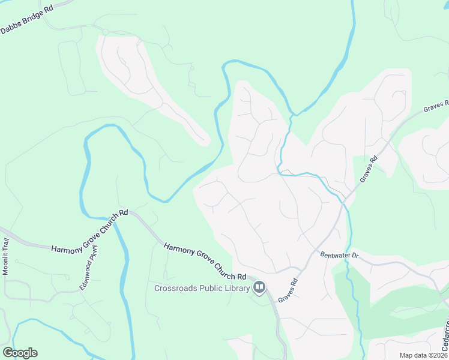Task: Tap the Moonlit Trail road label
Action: point(6,256)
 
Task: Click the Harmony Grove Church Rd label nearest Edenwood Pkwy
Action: point(90,232)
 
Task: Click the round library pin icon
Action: point(259,288)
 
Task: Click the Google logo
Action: point(20,353)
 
